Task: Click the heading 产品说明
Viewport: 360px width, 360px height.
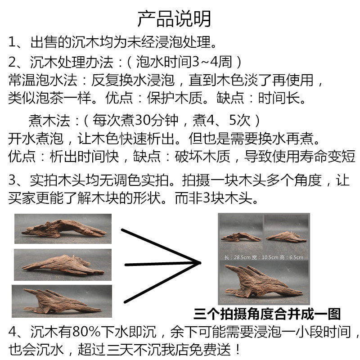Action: [174, 18]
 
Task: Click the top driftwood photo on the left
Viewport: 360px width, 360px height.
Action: [63, 229]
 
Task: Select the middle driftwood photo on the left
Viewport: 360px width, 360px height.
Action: [63, 265]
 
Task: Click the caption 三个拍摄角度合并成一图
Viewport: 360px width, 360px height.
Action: [267, 313]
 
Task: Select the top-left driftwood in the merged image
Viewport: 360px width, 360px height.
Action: [241, 236]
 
